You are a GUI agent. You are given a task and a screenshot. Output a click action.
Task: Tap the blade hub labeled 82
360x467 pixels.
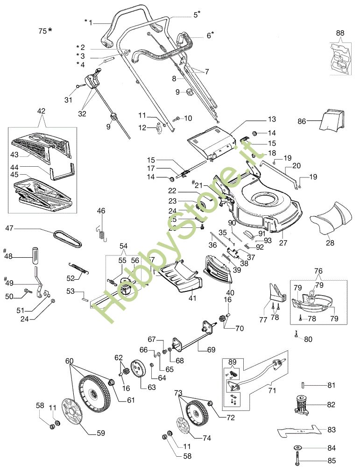point(301,404)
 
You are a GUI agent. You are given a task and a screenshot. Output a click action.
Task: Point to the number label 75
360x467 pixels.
point(42,31)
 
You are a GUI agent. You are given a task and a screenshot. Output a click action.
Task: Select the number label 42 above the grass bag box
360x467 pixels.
point(41,111)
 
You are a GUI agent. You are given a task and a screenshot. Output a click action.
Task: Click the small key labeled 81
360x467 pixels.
point(303,385)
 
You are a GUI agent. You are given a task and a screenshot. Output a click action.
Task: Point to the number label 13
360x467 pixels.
point(272,119)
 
